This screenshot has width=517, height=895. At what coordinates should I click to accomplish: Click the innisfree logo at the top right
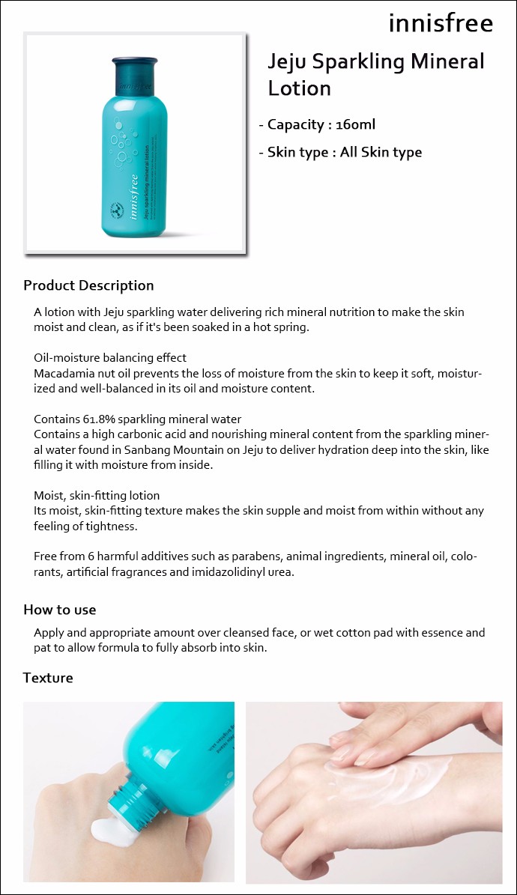pyautogui.click(x=441, y=23)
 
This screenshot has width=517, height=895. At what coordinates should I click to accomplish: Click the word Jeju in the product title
pyautogui.click(x=287, y=61)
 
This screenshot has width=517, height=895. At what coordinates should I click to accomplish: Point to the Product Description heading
pyautogui.click(x=88, y=285)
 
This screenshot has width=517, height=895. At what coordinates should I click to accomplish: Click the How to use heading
pyautogui.click(x=60, y=610)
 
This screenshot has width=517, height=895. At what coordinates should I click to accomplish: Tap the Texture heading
pyautogui.click(x=48, y=678)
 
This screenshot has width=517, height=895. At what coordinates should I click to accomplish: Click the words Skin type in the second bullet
pyautogui.click(x=298, y=152)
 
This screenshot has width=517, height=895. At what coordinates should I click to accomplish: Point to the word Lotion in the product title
pyautogui.click(x=300, y=88)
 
